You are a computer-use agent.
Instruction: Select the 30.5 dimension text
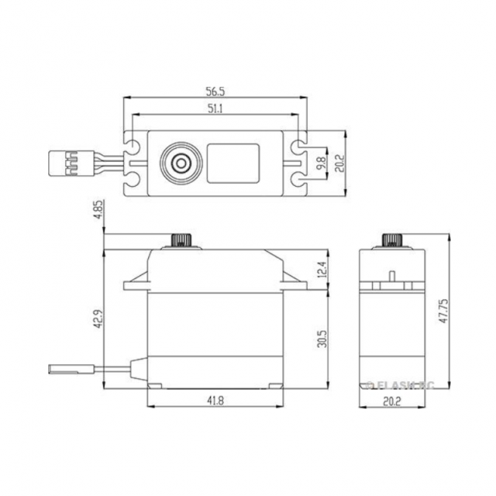click(321, 334)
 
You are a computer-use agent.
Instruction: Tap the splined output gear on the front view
click(181, 240)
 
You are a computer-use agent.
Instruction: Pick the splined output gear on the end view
click(392, 240)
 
